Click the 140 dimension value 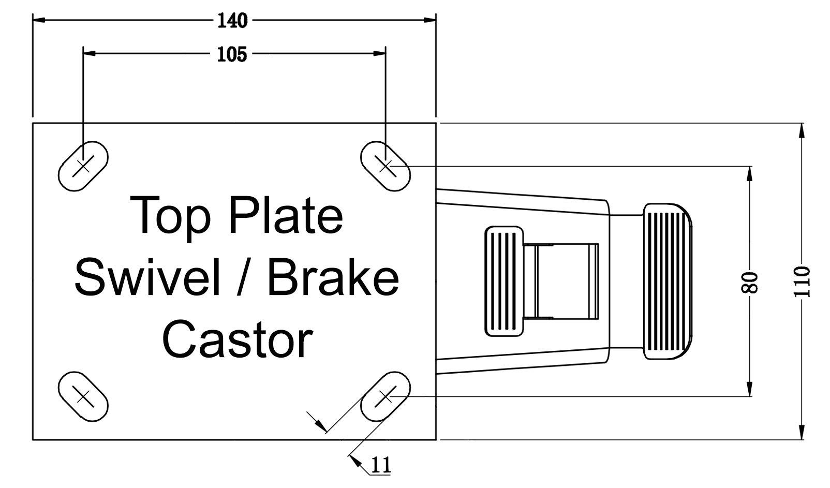[x=232, y=21]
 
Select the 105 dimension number [x=232, y=55]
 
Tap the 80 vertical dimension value [x=750, y=283]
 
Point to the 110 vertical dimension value [x=802, y=282]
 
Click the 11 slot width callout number [x=381, y=465]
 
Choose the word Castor [x=238, y=339]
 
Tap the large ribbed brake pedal [x=668, y=282]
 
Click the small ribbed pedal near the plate [x=504, y=282]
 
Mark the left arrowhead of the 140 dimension [x=39, y=20]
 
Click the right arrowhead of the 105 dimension [x=379, y=54]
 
